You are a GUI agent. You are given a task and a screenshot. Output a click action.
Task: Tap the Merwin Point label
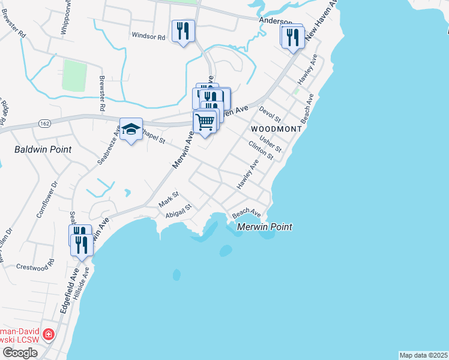(x=265, y=227)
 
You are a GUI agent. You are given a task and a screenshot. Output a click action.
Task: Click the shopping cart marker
(x=205, y=122)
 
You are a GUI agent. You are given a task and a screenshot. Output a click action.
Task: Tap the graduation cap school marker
(x=130, y=129)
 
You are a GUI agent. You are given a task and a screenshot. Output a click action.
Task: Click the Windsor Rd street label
(x=148, y=37)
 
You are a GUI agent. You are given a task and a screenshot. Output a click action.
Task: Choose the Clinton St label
(x=261, y=150)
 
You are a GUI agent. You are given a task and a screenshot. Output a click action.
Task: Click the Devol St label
(x=270, y=115)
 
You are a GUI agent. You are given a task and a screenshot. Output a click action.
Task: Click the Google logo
(x=20, y=353)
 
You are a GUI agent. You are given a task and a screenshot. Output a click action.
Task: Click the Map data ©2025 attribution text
(x=423, y=355)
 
